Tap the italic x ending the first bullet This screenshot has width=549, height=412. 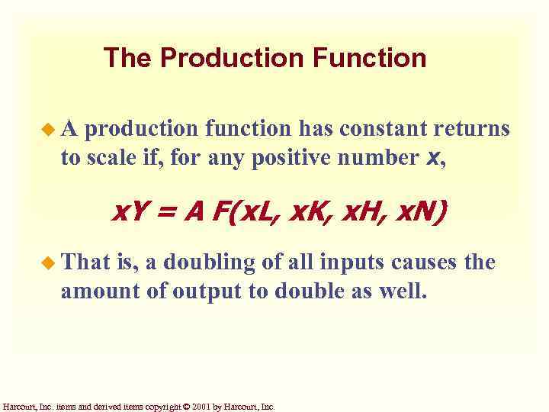(432, 158)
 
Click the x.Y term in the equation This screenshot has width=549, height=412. (132, 210)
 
